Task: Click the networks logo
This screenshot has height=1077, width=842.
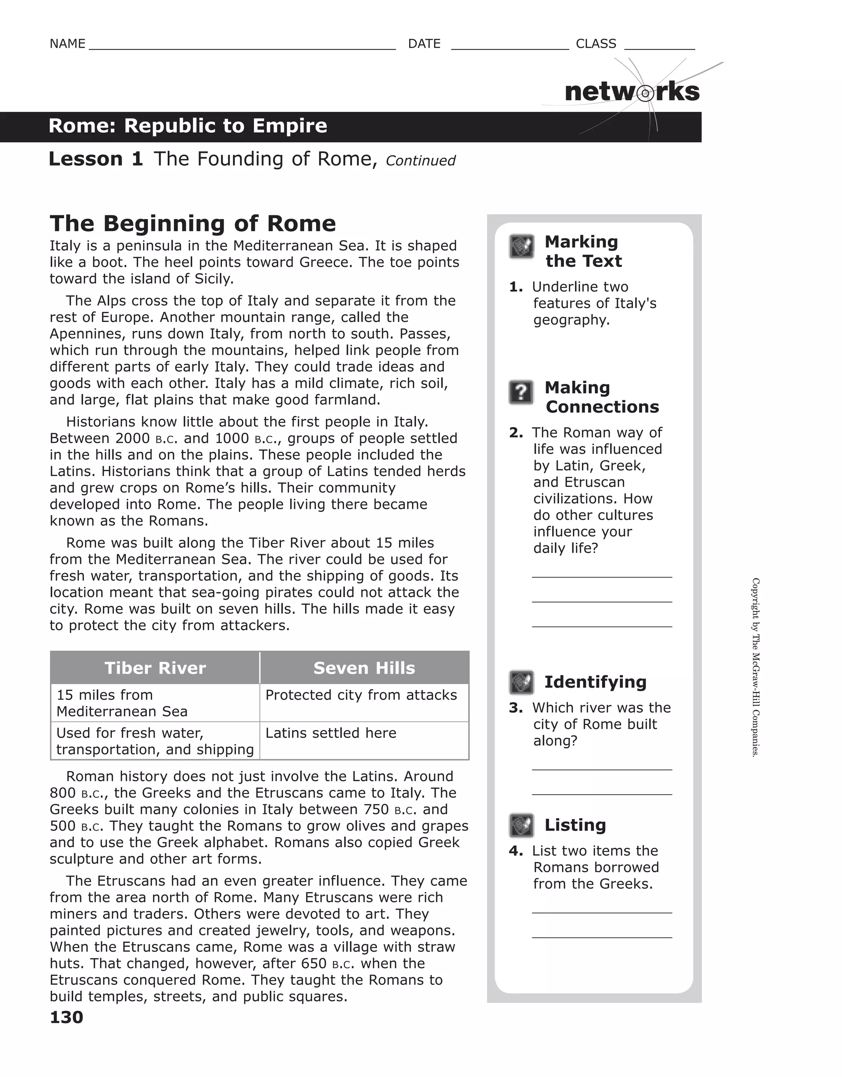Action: pyautogui.click(x=632, y=92)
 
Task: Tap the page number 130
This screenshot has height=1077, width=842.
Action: pyautogui.click(x=67, y=1017)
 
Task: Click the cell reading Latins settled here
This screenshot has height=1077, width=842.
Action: pyautogui.click(x=331, y=733)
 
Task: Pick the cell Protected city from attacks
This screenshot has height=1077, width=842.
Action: pyautogui.click(x=361, y=695)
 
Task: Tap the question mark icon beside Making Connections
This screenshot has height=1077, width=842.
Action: pyautogui.click(x=521, y=393)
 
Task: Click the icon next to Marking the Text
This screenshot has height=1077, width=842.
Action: pyautogui.click(x=521, y=246)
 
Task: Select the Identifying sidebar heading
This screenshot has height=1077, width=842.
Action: pyautogui.click(x=595, y=682)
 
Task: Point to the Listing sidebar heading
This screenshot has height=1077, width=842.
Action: pyautogui.click(x=575, y=825)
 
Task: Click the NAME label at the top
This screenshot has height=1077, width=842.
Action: pyautogui.click(x=67, y=44)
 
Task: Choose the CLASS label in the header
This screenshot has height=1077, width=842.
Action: pyautogui.click(x=596, y=44)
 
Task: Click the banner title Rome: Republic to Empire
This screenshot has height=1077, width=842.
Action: pyautogui.click(x=188, y=126)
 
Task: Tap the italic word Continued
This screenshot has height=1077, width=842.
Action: pyautogui.click(x=420, y=161)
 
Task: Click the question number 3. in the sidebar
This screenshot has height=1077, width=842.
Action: pyautogui.click(x=516, y=708)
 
